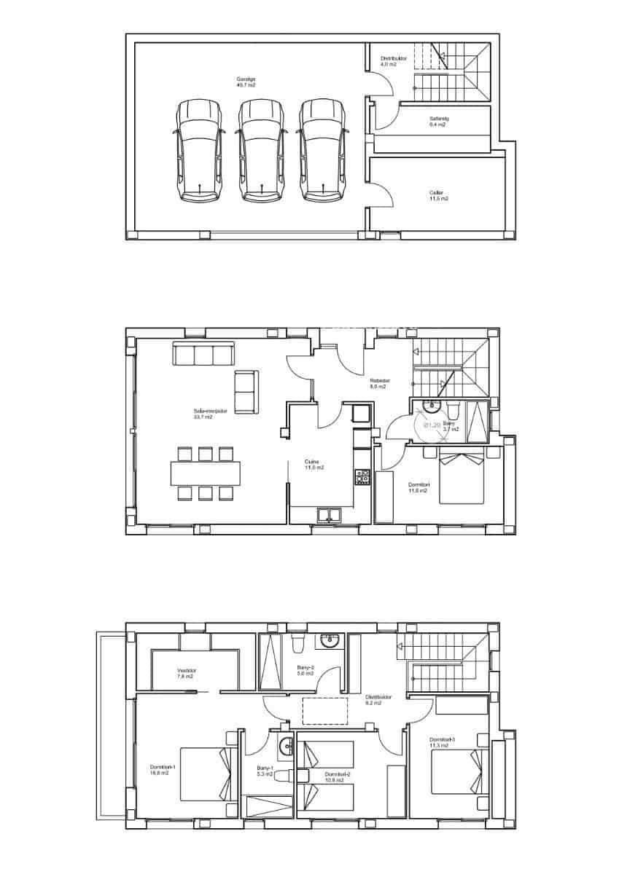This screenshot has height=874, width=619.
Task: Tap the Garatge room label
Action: coord(246,79)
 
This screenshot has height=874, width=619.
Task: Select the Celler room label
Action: coord(436,193)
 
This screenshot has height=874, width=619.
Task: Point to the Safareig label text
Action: coord(439,118)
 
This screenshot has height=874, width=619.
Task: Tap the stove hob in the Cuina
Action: coord(362,477)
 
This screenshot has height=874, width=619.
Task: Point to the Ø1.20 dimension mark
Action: coord(432,425)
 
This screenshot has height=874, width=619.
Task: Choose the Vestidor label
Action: coord(187,671)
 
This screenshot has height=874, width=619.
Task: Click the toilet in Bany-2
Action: coord(298,642)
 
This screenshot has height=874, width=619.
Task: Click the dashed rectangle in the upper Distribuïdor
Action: coord(326,710)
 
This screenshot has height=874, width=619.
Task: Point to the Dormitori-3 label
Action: coord(442,740)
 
